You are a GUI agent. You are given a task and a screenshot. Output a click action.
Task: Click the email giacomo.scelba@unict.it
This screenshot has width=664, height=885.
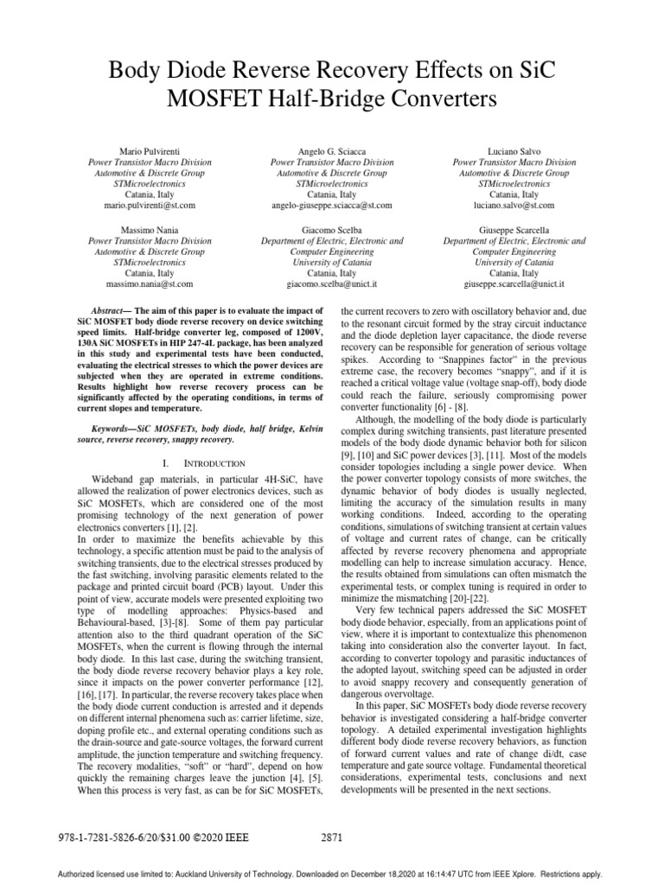[331, 283]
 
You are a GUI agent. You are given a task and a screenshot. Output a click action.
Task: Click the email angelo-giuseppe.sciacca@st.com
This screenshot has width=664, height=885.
[331, 206]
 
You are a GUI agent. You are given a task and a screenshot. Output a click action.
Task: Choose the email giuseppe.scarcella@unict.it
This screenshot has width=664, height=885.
[514, 283]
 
